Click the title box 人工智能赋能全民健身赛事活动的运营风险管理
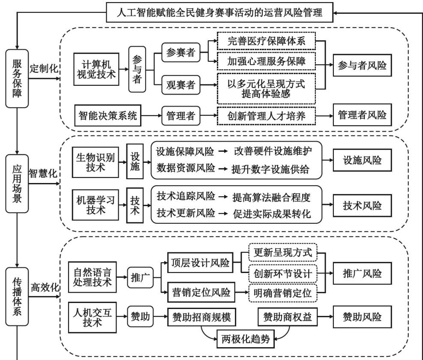220,13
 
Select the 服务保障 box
16,78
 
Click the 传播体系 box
16,295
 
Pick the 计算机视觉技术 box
96,69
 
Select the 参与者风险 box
362,66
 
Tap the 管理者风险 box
362,115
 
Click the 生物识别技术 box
96,163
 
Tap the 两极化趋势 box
246,339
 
